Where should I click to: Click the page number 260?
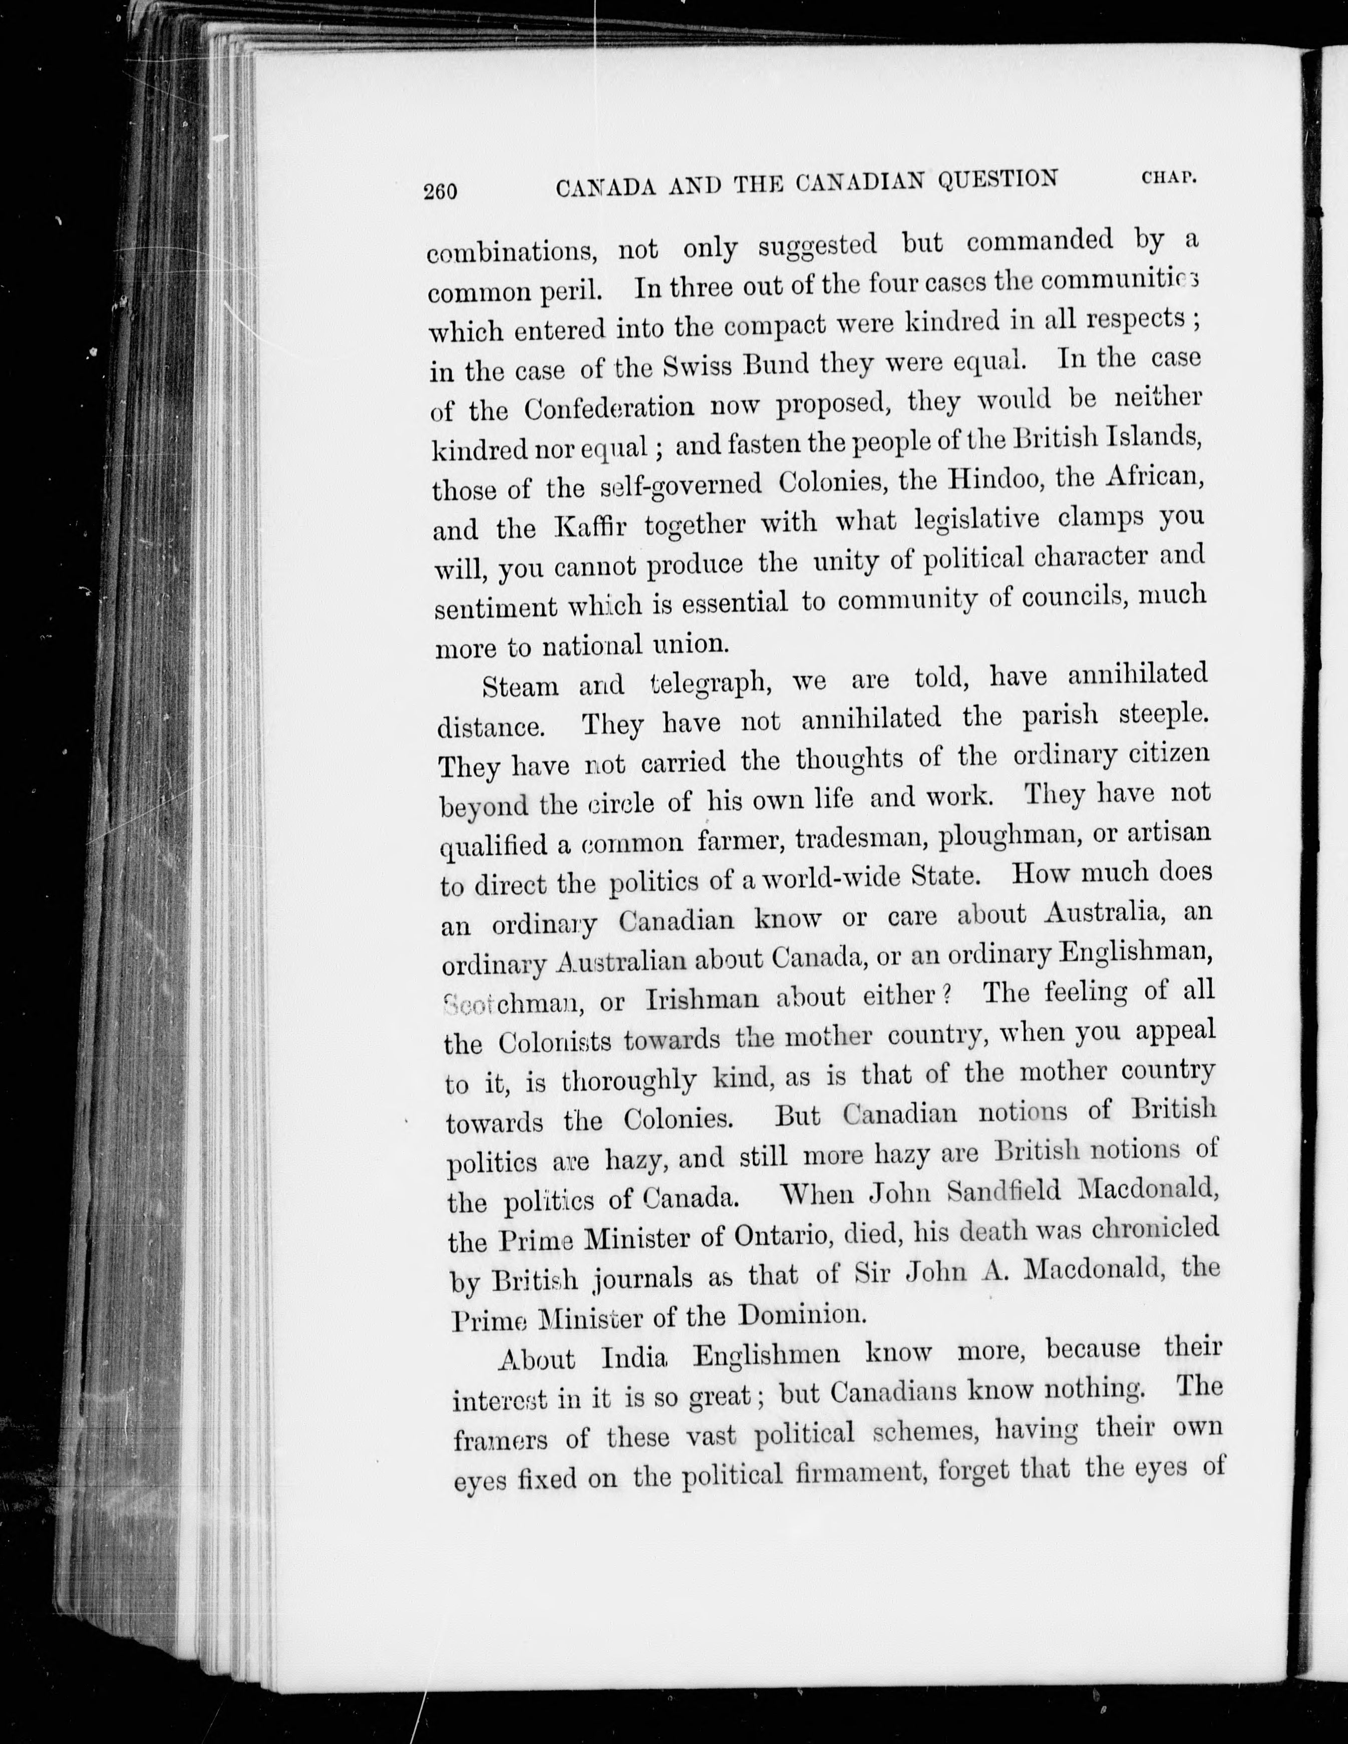[x=441, y=191]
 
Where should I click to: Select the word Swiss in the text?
[x=697, y=366]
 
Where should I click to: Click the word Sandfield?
[x=1003, y=1192]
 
